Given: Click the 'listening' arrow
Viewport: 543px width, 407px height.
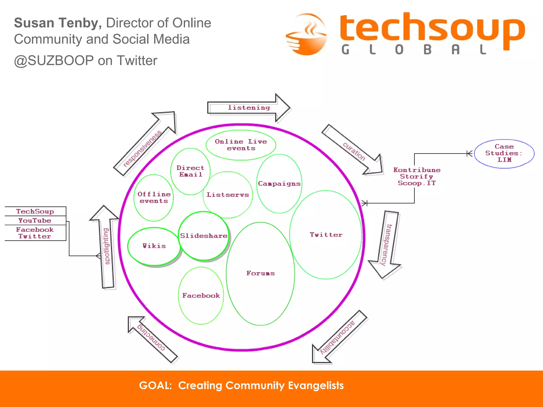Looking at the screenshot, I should pos(248,108).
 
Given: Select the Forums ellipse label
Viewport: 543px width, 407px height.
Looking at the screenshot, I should pos(260,273).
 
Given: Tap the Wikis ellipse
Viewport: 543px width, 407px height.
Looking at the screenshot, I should pos(154,246).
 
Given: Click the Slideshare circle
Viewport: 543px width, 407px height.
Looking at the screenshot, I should pos(203,236).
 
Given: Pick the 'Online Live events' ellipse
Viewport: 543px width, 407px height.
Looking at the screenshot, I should pos(241,145).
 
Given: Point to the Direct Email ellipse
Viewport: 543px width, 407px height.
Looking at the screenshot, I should pos(190,171).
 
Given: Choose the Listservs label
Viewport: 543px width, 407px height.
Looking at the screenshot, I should pos(228,195).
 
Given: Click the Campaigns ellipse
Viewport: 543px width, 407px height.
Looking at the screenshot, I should pos(279,184).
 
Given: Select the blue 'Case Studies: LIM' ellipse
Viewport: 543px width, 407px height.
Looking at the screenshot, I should pos(504,153).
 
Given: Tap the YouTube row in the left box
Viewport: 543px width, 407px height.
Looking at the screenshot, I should pos(35,220).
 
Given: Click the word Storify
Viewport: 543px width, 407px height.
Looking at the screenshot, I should pos(417,176).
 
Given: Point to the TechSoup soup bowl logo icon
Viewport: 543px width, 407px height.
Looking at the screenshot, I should pos(306,34).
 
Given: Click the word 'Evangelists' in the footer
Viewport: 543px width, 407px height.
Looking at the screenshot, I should pos(316,386).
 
